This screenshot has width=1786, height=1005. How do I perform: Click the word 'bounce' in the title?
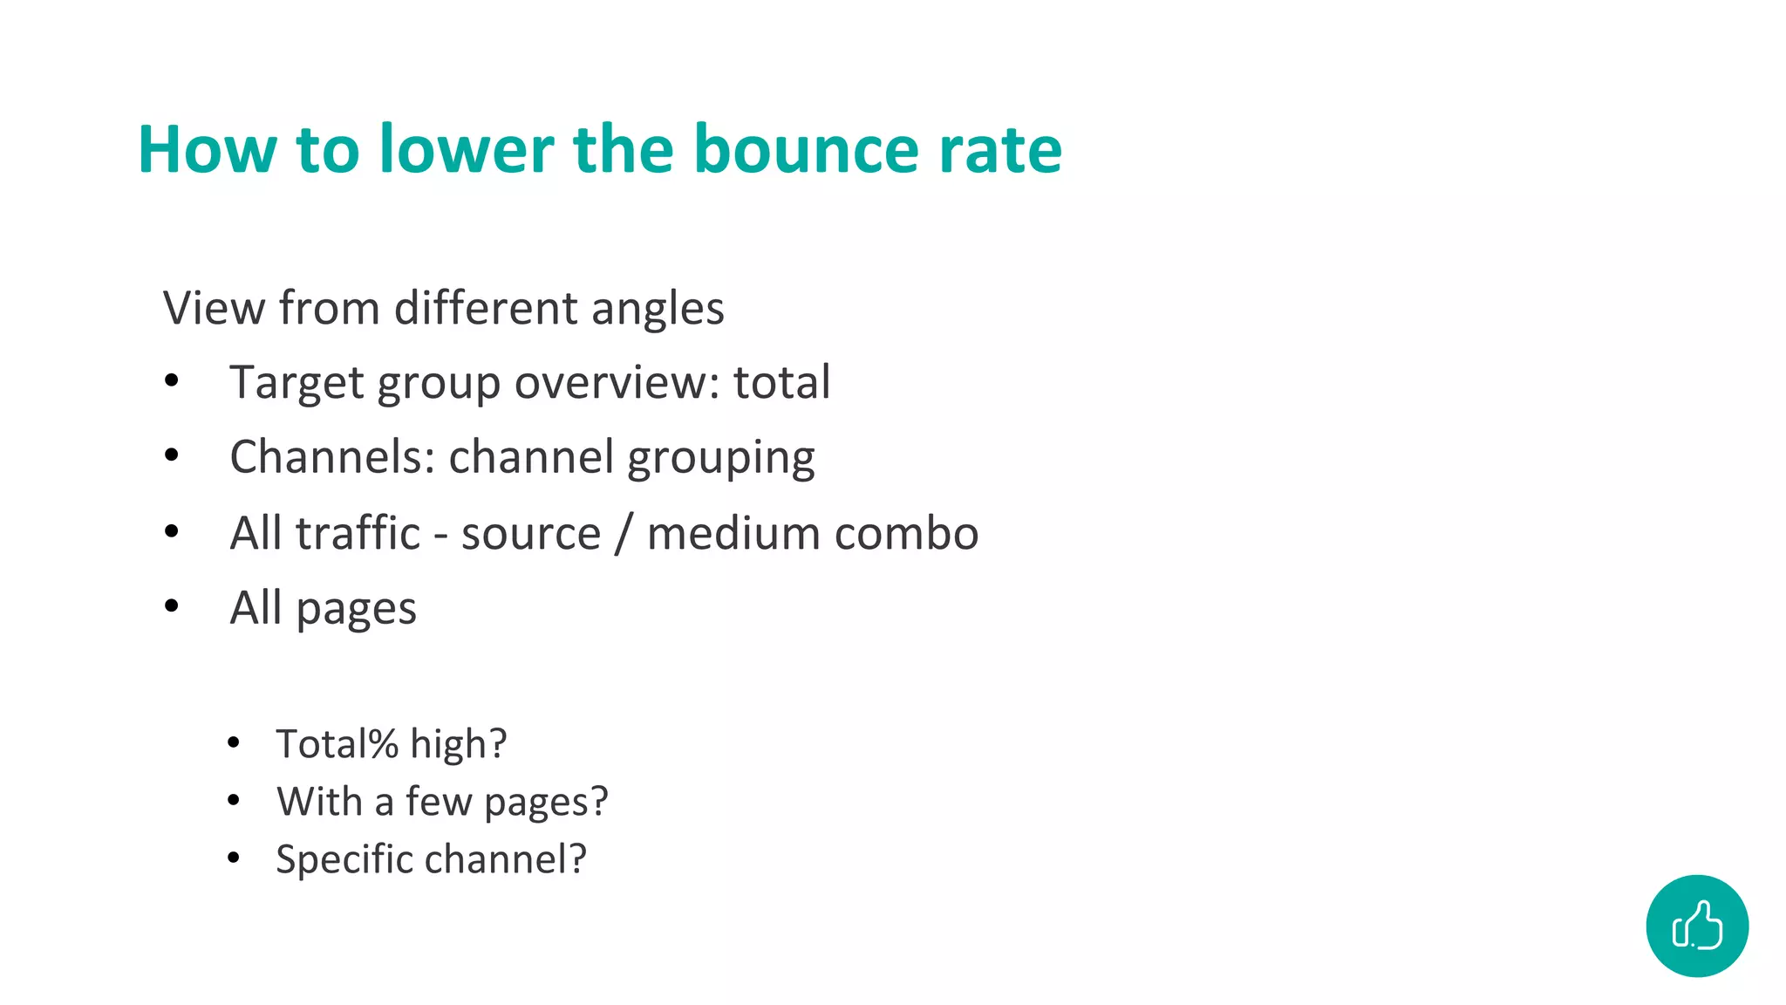806,149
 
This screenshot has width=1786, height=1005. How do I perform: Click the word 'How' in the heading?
207,149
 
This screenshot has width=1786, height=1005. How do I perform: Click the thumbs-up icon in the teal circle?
1697,926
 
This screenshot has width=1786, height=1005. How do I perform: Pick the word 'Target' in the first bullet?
296,383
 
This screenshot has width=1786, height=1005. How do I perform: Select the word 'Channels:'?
332,457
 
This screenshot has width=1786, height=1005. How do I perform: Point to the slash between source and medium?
623,533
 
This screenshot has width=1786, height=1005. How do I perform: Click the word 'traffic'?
358,533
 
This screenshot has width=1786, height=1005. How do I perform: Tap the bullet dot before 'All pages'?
172,605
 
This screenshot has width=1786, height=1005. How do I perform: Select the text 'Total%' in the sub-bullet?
337,744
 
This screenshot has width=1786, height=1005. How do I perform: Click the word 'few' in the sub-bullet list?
439,802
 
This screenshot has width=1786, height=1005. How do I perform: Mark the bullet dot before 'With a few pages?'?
233,800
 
